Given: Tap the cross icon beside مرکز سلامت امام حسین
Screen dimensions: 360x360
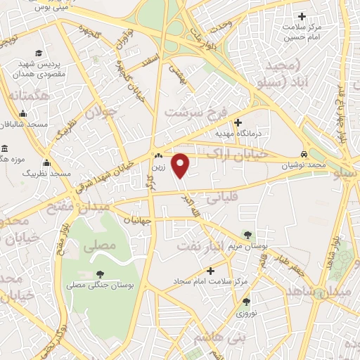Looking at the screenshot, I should click(302, 16).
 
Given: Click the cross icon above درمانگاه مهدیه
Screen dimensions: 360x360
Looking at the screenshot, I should click(238, 122).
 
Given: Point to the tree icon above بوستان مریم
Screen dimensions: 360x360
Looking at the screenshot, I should click(247, 234).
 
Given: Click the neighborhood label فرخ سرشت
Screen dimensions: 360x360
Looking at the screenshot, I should click(193, 112).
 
